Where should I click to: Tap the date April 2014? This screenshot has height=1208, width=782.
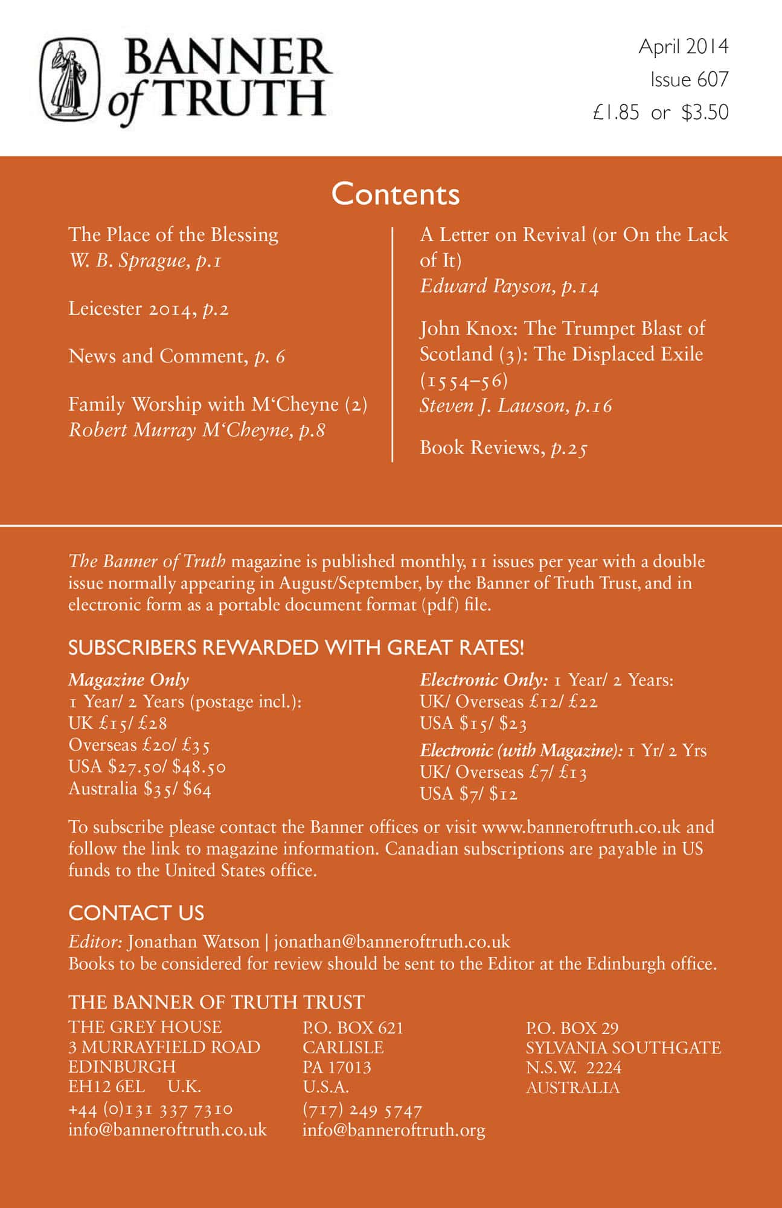[684, 47]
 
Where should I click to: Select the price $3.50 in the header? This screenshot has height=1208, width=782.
[705, 112]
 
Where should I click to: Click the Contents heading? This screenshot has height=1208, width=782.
[396, 194]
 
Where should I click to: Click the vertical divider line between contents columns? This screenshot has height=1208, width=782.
[393, 344]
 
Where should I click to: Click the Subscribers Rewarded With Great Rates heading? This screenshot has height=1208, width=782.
[296, 647]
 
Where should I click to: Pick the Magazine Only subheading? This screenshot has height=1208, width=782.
[129, 680]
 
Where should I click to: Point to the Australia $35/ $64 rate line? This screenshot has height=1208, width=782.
[139, 789]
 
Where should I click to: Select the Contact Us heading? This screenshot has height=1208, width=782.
[136, 913]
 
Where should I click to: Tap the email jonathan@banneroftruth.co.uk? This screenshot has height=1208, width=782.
[392, 942]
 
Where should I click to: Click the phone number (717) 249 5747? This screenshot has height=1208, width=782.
[362, 1110]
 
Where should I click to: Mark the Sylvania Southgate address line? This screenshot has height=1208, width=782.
[623, 1047]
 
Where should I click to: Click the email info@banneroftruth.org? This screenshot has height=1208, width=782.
[394, 1130]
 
